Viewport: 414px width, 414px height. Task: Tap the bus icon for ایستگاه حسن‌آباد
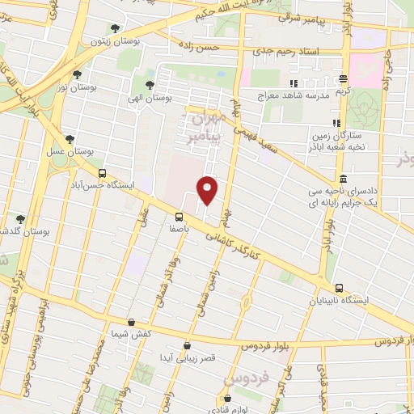102,173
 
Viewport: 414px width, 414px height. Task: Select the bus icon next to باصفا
179,216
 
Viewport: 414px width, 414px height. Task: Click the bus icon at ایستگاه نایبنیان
339,289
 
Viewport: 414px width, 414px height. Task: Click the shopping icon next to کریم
343,79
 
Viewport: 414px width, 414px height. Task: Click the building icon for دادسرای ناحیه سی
344,179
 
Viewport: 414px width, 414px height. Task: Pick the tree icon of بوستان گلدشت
19,218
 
